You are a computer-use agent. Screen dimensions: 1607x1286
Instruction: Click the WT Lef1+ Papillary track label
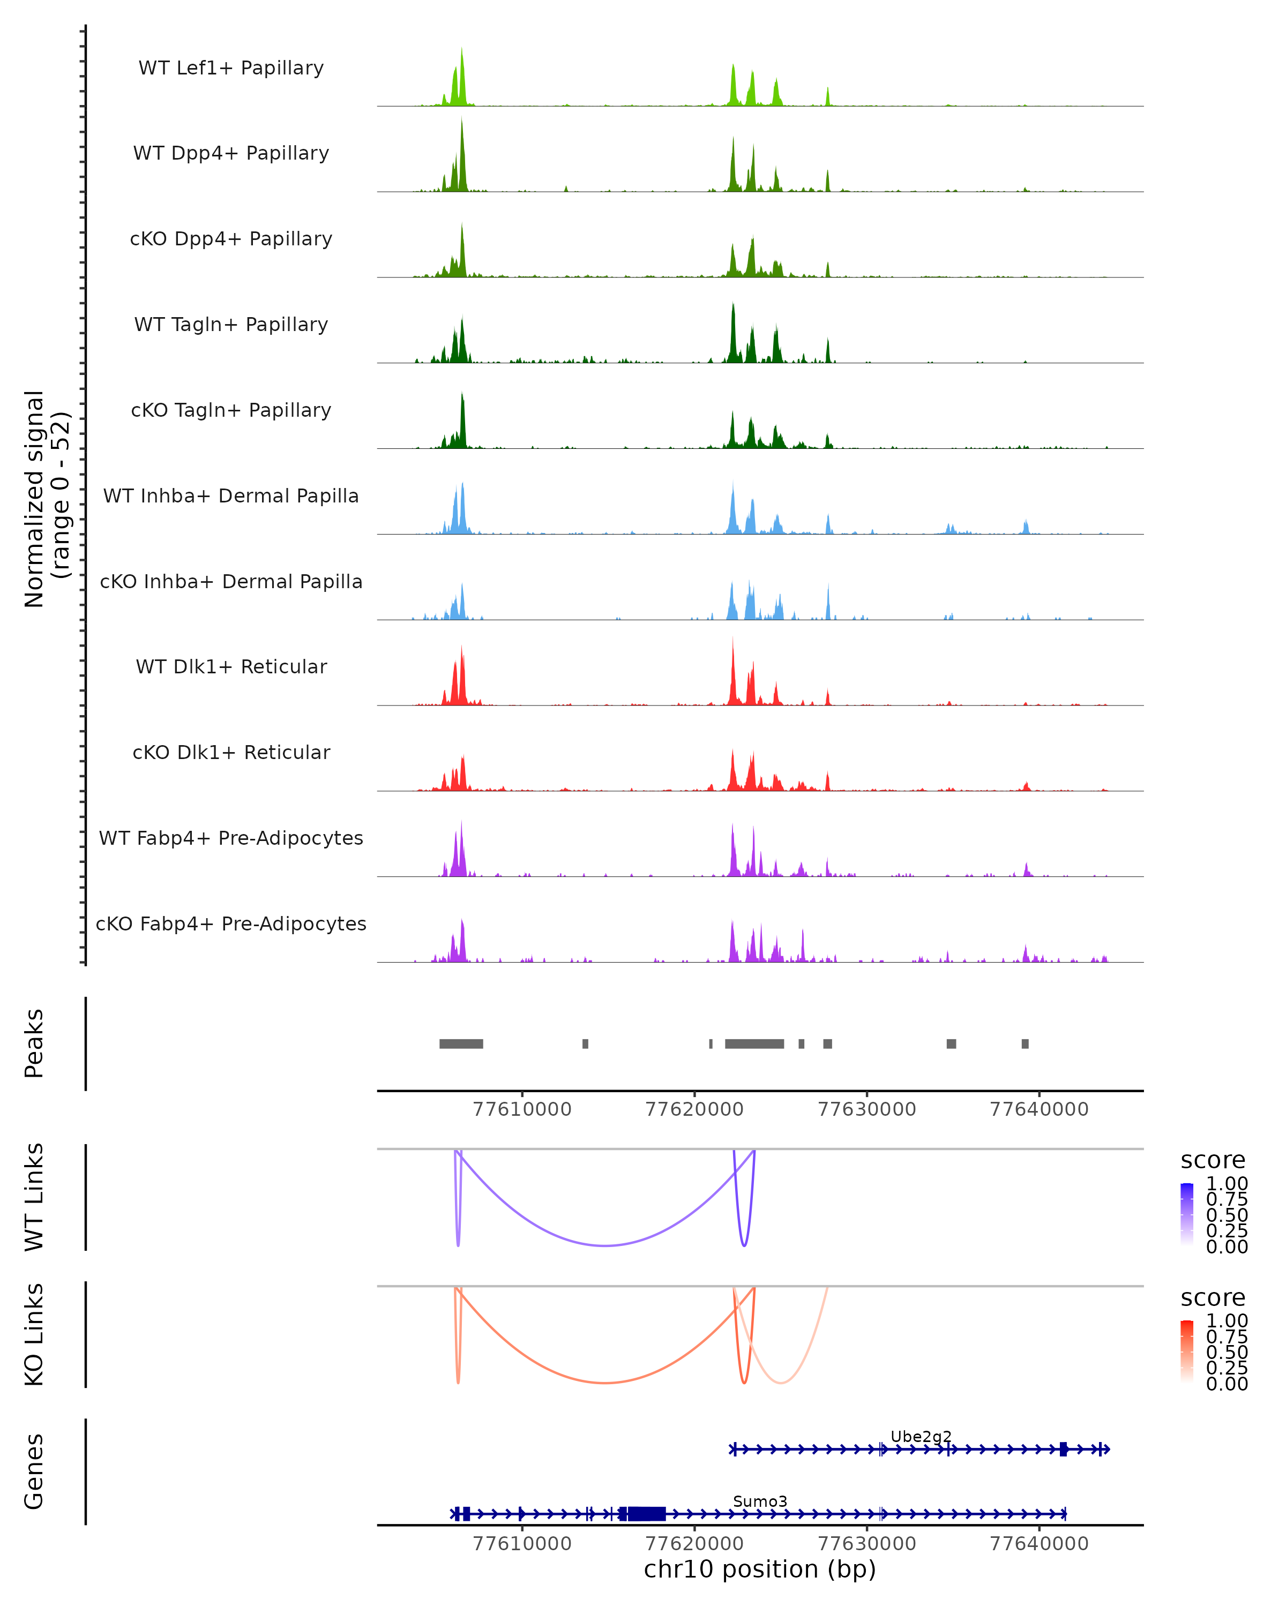(x=231, y=68)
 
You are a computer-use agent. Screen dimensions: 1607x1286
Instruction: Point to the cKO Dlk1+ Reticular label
(x=231, y=752)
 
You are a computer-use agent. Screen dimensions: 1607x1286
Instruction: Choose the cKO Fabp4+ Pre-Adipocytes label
(x=231, y=923)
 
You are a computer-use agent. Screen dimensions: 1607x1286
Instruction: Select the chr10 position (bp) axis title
(x=760, y=1569)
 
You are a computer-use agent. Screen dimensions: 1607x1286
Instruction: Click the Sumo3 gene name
(x=760, y=1501)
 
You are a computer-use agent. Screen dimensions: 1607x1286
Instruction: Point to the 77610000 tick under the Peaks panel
(x=522, y=1109)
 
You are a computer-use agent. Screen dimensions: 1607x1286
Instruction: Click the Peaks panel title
(x=34, y=1043)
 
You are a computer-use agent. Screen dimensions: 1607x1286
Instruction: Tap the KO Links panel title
(x=34, y=1334)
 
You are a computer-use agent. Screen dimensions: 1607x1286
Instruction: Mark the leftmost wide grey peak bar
(x=461, y=1043)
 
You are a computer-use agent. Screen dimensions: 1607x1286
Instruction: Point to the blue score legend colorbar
(x=1187, y=1213)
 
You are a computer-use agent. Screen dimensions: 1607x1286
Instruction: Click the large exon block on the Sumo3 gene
(x=646, y=1513)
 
